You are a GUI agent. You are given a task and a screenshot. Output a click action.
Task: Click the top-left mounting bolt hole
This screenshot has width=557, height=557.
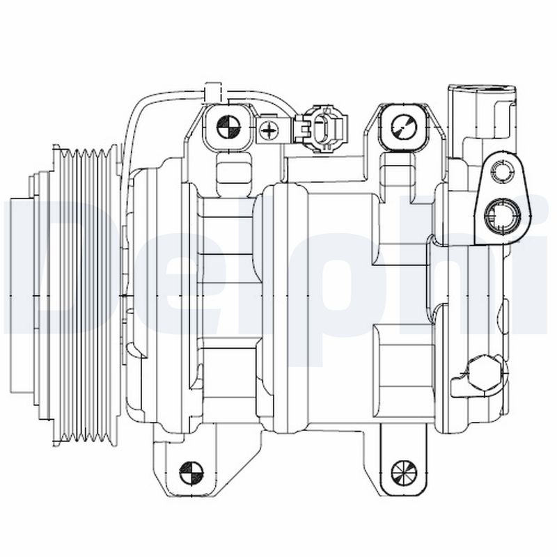tap(228, 127)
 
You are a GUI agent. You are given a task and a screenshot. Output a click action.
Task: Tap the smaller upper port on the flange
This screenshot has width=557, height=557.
tap(502, 171)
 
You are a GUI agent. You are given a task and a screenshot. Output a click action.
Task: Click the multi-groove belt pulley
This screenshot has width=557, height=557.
tap(87, 296)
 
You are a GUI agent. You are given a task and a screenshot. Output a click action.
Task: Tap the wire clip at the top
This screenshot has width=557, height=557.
tap(212, 92)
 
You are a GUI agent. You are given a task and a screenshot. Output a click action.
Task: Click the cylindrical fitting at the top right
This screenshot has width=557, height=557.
tap(482, 111)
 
